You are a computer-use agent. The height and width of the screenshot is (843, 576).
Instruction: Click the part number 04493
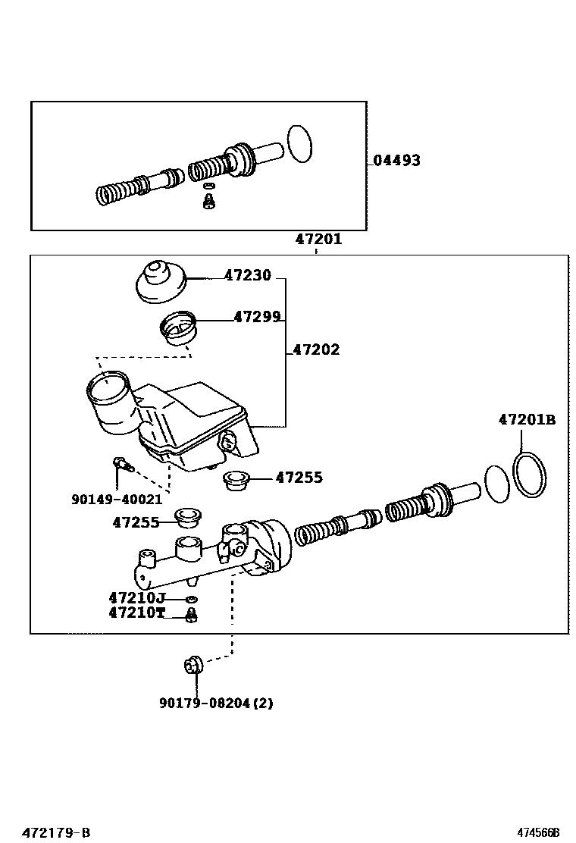pyautogui.click(x=396, y=161)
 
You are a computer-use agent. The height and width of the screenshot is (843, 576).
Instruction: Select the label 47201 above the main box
pyautogui.click(x=318, y=240)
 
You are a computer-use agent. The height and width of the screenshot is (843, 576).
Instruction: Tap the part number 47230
pyautogui.click(x=247, y=277)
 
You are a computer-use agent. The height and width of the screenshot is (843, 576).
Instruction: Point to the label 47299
pyautogui.click(x=257, y=318)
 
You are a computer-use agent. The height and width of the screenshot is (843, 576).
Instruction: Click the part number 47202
pyautogui.click(x=316, y=350)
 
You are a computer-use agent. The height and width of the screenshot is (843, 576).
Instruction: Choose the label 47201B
pyautogui.click(x=527, y=419)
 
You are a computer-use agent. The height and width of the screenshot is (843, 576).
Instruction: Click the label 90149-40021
pyautogui.click(x=117, y=500)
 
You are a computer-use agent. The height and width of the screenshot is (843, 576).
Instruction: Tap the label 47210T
pyautogui.click(x=136, y=613)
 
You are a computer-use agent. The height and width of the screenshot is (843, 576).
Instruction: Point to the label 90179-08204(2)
pyautogui.click(x=216, y=704)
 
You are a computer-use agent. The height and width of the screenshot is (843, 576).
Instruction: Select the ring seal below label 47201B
pyautogui.click(x=530, y=476)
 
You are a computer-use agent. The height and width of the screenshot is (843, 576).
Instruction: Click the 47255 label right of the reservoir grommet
pyautogui.click(x=299, y=478)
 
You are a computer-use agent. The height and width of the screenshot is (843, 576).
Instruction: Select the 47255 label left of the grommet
pyautogui.click(x=136, y=522)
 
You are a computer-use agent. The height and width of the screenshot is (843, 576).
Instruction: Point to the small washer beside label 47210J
pyautogui.click(x=191, y=600)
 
